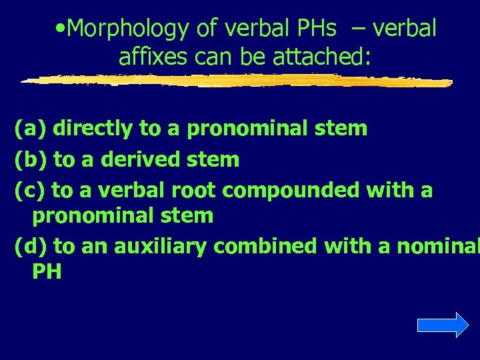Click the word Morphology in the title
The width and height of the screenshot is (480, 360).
(x=128, y=29)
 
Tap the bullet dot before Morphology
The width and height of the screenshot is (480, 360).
(x=61, y=29)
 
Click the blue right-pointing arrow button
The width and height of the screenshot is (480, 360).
(x=443, y=325)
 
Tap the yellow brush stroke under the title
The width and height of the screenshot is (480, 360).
(x=237, y=80)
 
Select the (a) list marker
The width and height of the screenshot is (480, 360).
(x=30, y=128)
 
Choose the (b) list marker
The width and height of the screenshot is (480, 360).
(x=30, y=159)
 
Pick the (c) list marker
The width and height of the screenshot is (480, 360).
(x=29, y=191)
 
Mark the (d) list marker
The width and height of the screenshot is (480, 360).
(x=30, y=247)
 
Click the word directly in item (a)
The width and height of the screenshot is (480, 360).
(x=93, y=128)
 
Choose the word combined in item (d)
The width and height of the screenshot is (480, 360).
(x=267, y=247)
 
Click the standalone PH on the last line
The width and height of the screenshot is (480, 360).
(x=46, y=271)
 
